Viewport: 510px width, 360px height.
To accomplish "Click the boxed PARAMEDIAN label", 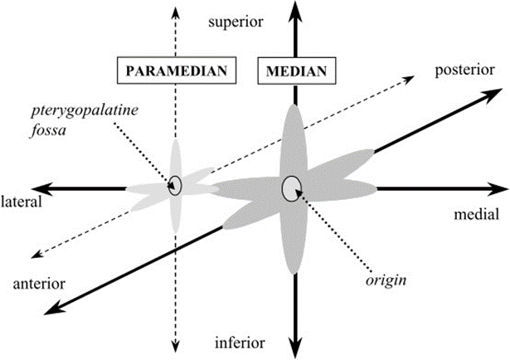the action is [177, 71].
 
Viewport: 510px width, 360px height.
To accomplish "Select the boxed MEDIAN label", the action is [296, 71].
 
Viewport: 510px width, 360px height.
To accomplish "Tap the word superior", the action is [236, 22].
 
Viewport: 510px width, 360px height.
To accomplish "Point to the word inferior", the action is [240, 343].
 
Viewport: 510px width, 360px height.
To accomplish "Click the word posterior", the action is [464, 71].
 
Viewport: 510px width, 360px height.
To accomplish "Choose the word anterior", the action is [39, 284].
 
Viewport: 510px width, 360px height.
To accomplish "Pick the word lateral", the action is [22, 202].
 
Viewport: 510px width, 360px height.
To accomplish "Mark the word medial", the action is [476, 215].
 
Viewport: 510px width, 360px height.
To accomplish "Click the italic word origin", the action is [386, 280].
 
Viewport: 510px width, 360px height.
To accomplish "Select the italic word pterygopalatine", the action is [85, 111].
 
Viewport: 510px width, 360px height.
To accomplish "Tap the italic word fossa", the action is [48, 130].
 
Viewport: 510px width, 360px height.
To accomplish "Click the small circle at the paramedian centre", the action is [175, 186].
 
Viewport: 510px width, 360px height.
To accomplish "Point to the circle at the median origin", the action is [292, 189].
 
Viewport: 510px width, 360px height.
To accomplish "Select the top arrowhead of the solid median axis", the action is [295, 12].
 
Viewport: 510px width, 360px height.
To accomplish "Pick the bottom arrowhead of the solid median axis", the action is [295, 348].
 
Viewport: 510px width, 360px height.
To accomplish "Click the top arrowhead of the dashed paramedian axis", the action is [176, 13].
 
